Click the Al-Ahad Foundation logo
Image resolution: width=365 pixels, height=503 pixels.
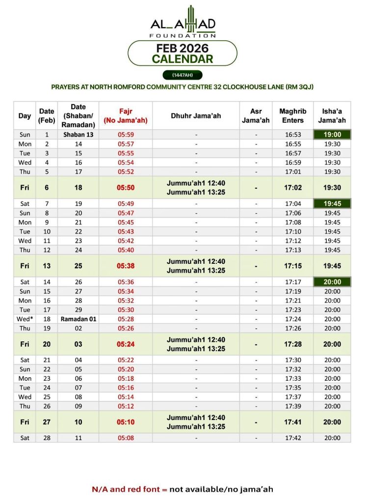pos(182,22)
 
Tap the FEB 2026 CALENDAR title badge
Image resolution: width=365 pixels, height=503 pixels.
pos(182,54)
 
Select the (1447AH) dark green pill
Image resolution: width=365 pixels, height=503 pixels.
pos(182,75)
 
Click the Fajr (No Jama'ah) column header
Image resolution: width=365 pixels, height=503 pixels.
pos(126,116)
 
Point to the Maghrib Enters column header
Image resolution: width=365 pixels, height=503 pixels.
pos(293,116)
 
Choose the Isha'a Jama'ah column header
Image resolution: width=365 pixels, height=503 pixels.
pos(332,116)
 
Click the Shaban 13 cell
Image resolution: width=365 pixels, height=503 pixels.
pos(78,135)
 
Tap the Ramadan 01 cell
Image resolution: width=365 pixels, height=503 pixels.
pos(78,319)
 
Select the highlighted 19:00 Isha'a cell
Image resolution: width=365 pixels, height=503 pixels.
pos(332,135)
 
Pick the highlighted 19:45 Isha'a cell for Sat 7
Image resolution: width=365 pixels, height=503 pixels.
pos(332,203)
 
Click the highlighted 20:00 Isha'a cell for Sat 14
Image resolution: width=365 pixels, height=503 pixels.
pos(332,282)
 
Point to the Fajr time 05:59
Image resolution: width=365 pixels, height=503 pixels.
pos(126,135)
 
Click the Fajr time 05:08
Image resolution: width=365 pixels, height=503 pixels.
pos(126,438)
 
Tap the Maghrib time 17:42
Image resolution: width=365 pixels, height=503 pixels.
pos(293,438)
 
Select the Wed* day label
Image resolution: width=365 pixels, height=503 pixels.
pos(25,319)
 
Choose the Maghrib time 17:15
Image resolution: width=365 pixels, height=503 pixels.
pos(293,266)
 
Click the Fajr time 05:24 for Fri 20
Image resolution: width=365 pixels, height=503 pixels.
pos(126,344)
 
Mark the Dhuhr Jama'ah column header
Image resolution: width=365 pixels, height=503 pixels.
pos(196,116)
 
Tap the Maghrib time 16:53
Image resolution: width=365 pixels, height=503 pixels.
pos(293,135)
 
